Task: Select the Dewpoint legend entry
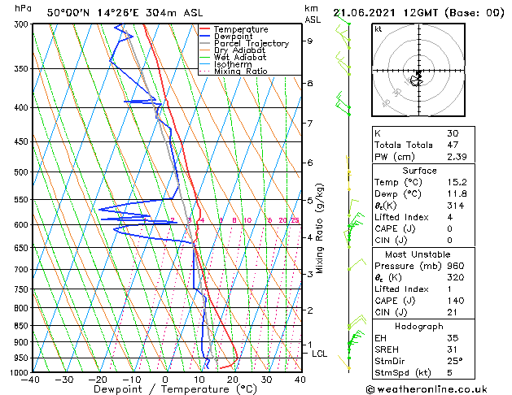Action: coord(238,37)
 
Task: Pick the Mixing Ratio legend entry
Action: coord(240,72)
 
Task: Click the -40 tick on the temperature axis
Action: coord(31,379)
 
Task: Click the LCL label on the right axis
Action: coord(320,354)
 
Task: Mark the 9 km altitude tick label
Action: coord(310,41)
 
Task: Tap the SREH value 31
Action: coord(452,349)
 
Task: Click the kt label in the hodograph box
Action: coord(379,28)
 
